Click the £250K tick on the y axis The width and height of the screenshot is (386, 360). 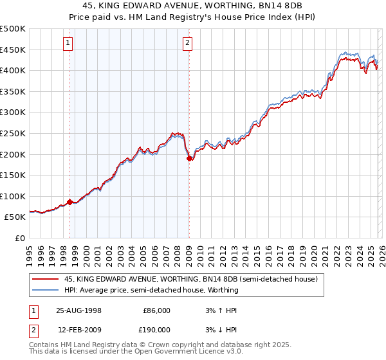[x=13, y=133]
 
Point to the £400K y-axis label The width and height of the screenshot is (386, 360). [x=13, y=70]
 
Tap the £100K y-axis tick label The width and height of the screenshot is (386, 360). [x=13, y=196]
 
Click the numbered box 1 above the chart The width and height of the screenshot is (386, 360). [x=68, y=43]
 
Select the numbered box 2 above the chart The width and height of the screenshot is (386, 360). [x=187, y=43]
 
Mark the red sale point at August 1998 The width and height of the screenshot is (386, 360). [x=70, y=202]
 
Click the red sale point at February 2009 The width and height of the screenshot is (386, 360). [x=189, y=158]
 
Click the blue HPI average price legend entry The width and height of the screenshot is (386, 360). [x=151, y=290]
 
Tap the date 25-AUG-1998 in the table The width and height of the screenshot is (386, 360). [x=78, y=310]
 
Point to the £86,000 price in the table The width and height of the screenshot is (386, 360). [x=156, y=310]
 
